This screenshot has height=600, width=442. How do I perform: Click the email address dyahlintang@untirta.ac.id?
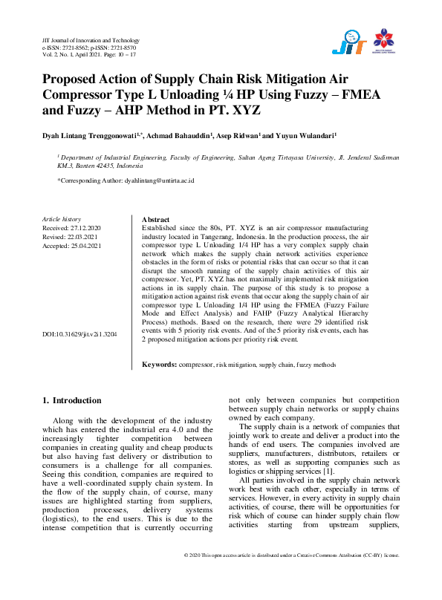[158, 180]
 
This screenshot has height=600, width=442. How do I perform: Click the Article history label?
[61, 220]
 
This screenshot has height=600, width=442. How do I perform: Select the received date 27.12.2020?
[86, 228]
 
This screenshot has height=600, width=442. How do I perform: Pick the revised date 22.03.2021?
[83, 237]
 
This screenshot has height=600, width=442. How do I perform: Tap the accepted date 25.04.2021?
[86, 246]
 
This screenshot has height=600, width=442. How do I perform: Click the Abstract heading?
[155, 220]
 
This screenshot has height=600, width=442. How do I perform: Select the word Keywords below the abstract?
[158, 365]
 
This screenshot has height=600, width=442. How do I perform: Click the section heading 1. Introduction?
[71, 401]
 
